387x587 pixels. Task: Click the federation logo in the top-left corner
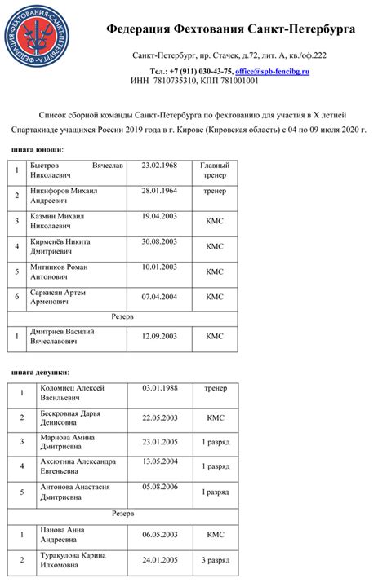(35, 35)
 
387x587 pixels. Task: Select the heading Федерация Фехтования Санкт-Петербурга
(230, 29)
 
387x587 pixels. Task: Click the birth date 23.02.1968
(159, 166)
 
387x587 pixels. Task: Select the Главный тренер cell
(215, 170)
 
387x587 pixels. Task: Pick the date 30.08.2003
(159, 241)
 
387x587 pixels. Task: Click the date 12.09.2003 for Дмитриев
(159, 336)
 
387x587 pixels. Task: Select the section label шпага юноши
(38, 150)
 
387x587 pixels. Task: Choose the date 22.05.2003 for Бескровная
(160, 417)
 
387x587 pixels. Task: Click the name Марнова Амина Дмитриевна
(70, 443)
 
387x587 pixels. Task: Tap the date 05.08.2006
(160, 486)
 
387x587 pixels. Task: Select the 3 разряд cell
(216, 561)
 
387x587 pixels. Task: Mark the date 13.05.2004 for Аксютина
(160, 461)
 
